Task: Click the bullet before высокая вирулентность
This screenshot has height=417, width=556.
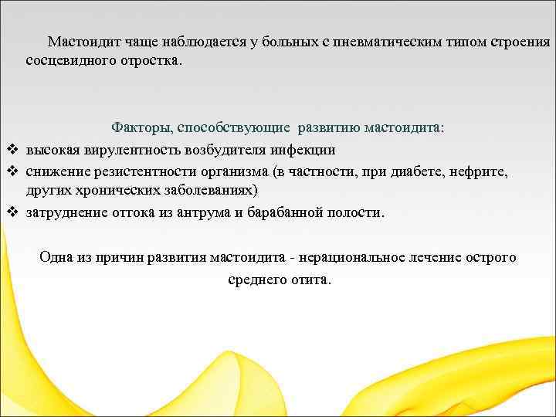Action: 12,149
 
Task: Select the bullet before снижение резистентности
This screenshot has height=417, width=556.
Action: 12,171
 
